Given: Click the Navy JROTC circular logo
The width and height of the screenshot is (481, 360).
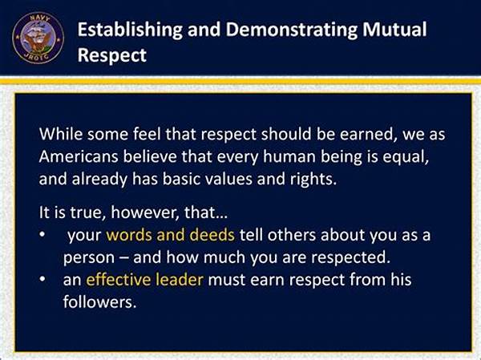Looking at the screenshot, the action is pyautogui.click(x=38, y=38).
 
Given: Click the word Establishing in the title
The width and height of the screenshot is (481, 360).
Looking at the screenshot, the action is pyautogui.click(x=130, y=30).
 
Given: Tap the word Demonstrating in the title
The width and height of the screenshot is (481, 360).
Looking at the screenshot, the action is pyautogui.click(x=292, y=30).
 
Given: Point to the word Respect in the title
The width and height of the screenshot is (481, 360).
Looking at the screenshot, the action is pyautogui.click(x=112, y=55).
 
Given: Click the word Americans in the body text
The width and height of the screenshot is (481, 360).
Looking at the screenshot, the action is pyautogui.click(x=79, y=156).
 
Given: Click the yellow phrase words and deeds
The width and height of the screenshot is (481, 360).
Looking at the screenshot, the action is pyautogui.click(x=170, y=235).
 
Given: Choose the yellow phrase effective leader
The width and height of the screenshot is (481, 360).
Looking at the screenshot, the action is pyautogui.click(x=144, y=279).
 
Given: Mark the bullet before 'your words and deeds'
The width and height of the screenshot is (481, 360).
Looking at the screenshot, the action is pyautogui.click(x=42, y=235).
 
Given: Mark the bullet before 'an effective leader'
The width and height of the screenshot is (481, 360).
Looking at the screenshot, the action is pyautogui.click(x=42, y=279).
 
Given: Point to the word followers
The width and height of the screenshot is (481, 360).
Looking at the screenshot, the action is pyautogui.click(x=99, y=301).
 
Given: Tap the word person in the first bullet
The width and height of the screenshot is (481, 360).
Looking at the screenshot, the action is pyautogui.click(x=89, y=258).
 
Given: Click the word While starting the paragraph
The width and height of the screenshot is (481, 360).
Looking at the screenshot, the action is pyautogui.click(x=61, y=134).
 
